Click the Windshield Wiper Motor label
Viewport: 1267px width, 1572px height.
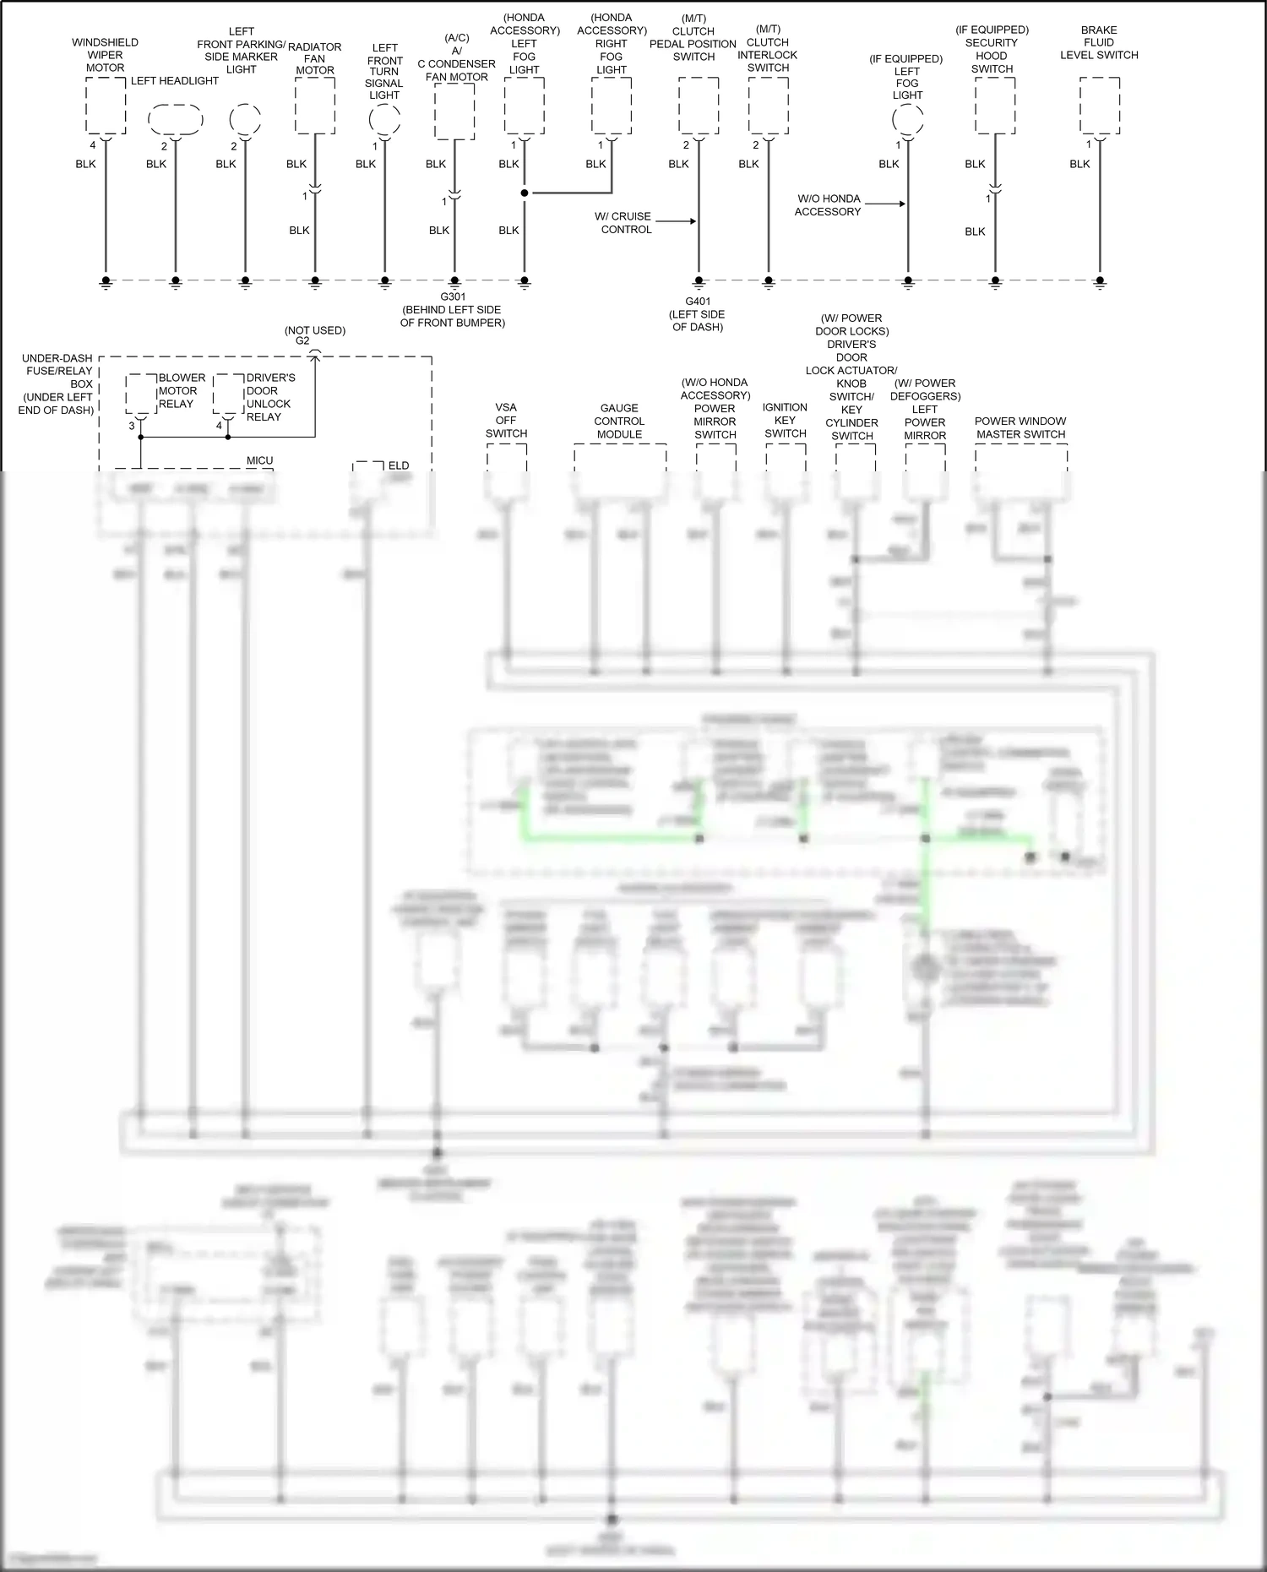click(x=105, y=55)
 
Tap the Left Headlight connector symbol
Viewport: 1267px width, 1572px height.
click(x=175, y=120)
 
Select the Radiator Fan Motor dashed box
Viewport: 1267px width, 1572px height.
click(x=315, y=106)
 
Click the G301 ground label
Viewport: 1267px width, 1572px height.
click(x=453, y=309)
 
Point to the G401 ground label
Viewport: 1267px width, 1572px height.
click(x=698, y=313)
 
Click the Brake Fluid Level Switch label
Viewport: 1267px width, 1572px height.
click(x=1099, y=42)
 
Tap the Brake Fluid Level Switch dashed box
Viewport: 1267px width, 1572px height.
click(x=1100, y=106)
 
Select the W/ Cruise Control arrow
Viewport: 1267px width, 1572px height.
click(x=676, y=221)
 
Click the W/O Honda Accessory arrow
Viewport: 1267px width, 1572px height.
click(x=885, y=204)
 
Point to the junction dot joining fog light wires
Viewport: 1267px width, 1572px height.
click(x=525, y=193)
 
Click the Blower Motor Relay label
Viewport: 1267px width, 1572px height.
click(x=182, y=390)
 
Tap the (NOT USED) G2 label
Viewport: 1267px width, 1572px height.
click(x=314, y=335)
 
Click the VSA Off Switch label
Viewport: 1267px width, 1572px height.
click(x=506, y=420)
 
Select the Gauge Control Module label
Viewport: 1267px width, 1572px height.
click(x=619, y=421)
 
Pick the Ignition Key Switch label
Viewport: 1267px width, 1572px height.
click(x=785, y=420)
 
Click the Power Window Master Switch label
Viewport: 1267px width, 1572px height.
click(x=1020, y=427)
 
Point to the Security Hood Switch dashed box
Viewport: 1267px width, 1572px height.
click(x=995, y=106)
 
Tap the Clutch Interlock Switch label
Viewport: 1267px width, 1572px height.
click(x=768, y=49)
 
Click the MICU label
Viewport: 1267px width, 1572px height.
click(x=259, y=460)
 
